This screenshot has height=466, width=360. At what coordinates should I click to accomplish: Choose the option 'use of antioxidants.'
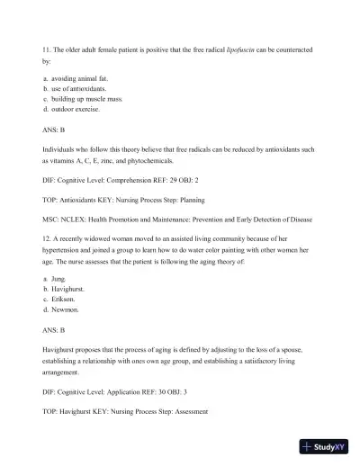pos(78,90)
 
